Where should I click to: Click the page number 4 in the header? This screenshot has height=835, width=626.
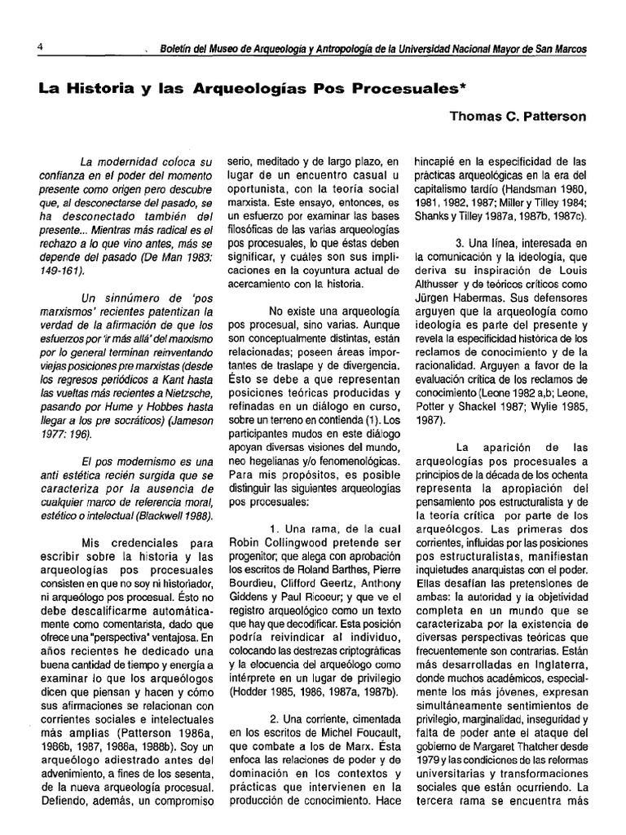click(x=39, y=47)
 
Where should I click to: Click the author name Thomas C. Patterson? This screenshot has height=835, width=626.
click(x=518, y=117)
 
